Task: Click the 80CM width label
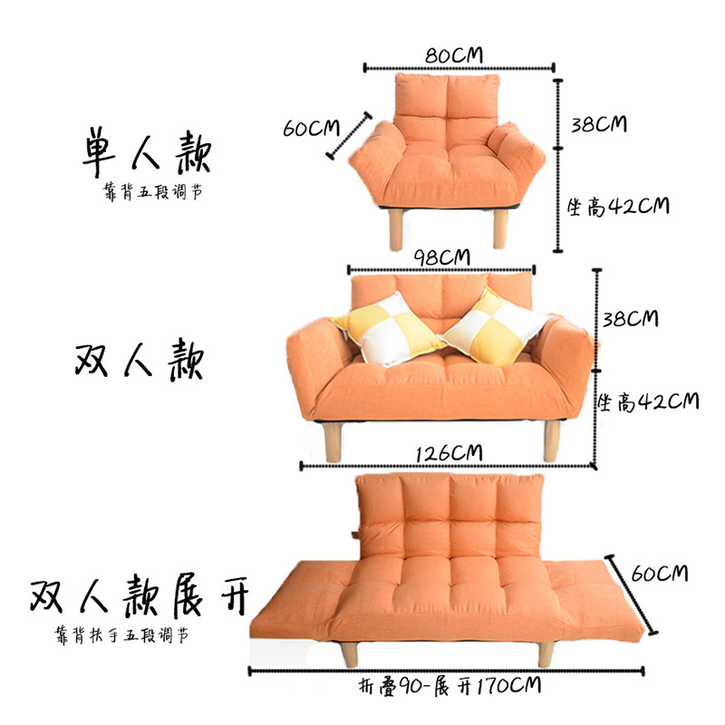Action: coord(454,55)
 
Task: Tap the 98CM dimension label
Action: coord(441,257)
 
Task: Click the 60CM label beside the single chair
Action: coord(311,128)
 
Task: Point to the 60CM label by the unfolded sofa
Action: coord(660,574)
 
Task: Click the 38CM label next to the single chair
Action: coord(599,124)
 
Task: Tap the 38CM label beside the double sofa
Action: coord(631,319)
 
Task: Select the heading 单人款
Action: coord(147,152)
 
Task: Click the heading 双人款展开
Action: coord(140,596)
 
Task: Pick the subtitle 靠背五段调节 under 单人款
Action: coord(153,191)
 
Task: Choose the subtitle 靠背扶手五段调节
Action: coord(122,635)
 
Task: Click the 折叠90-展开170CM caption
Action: coord(449,686)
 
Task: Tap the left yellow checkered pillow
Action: coord(388,328)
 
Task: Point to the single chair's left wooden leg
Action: coord(396,229)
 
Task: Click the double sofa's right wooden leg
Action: coord(552,440)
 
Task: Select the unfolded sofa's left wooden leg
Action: coord(349,653)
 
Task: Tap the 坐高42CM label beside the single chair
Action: coord(619,207)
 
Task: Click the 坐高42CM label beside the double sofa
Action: coord(648,401)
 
